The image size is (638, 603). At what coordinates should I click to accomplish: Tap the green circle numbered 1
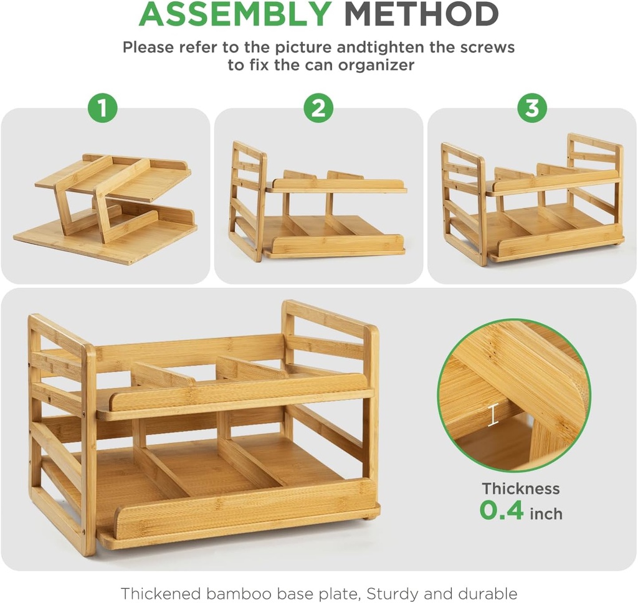[103, 108]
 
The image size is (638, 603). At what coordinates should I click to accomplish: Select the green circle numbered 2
[318, 108]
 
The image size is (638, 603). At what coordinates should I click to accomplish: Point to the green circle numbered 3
[531, 108]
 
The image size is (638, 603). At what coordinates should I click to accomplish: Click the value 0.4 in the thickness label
[502, 511]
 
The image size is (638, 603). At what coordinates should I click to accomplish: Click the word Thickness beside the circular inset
[521, 489]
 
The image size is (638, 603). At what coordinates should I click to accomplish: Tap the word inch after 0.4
[546, 514]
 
